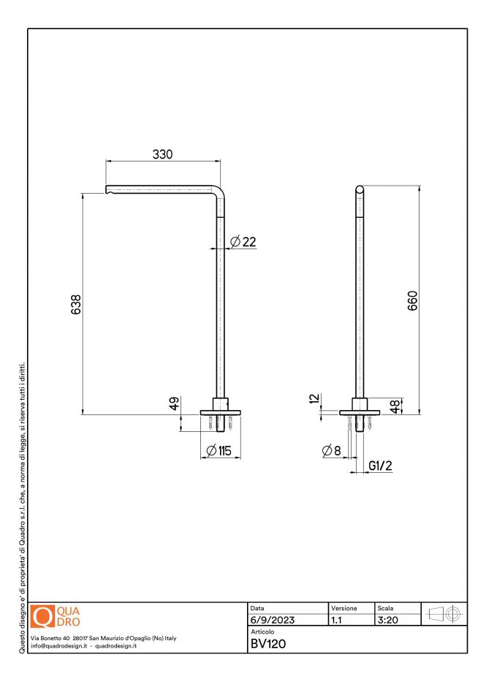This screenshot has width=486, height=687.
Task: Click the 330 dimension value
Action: pos(162,154)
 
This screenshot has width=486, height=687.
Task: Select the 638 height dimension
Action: pos(75,304)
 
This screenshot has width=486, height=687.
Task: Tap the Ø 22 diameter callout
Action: pos(243,242)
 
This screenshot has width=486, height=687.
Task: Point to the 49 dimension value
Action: pos(175,404)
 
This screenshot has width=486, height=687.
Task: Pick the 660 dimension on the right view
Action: pos(411,301)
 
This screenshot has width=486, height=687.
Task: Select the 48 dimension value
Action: pos(395,406)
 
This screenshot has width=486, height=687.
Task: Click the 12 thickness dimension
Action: pos(314,399)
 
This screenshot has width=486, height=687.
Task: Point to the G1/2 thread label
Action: pos(381,466)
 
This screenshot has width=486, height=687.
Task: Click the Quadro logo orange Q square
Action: pos(42,617)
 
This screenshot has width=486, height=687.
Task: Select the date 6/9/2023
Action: pos(272,620)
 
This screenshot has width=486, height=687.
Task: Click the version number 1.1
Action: pos(336,620)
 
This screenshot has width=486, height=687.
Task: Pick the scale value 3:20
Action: pos(387,620)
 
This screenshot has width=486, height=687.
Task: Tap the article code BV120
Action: pos(267,644)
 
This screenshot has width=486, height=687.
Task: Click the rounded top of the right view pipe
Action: pos(360,189)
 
